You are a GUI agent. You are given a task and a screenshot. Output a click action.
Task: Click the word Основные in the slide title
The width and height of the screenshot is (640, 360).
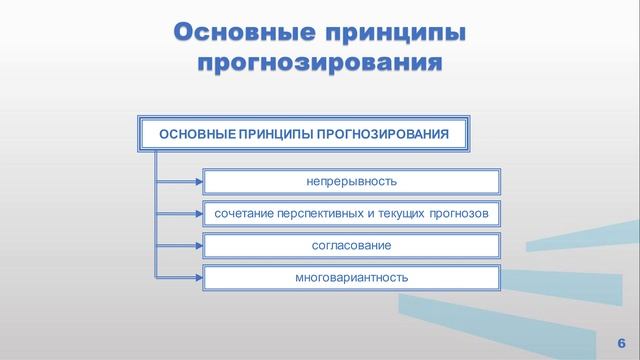[241, 31]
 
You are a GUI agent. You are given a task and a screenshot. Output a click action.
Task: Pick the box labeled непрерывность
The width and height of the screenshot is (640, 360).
[351, 182]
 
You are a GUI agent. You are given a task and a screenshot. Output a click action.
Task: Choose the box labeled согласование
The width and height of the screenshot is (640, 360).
[351, 244]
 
